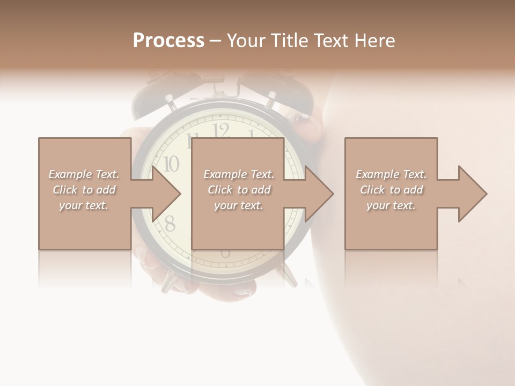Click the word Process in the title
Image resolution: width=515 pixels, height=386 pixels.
[x=168, y=41]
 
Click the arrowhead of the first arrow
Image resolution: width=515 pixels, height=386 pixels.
[x=166, y=194]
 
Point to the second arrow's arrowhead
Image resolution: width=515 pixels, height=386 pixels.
[x=319, y=194]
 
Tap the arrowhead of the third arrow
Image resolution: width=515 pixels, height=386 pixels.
[x=472, y=194]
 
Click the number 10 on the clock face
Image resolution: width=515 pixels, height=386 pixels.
[x=171, y=164]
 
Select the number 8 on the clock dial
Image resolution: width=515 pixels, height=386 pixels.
[x=170, y=224]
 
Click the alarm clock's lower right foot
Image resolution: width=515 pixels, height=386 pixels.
[x=290, y=276]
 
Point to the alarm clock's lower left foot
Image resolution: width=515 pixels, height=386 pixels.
[x=169, y=280]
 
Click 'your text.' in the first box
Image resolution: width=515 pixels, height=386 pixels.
[x=84, y=205]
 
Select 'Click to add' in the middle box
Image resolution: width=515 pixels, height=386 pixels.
[x=239, y=190]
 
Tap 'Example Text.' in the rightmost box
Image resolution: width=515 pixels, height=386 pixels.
[x=391, y=174]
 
